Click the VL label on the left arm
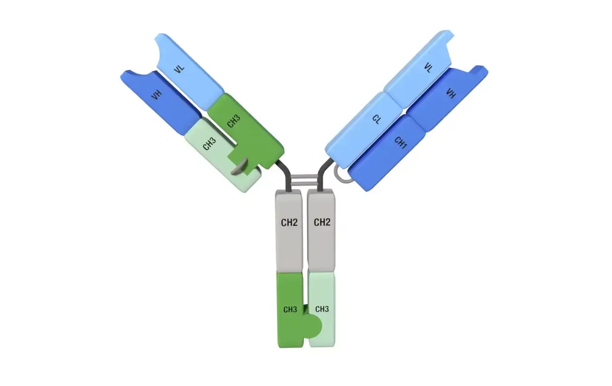[x=179, y=69]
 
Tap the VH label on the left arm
[x=157, y=95]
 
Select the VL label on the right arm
[x=428, y=68]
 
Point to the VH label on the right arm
[x=451, y=93]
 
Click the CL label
[x=376, y=120]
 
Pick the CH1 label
[x=400, y=143]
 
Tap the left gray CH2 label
[x=289, y=223]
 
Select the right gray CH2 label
[x=322, y=222]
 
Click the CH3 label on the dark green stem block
[x=290, y=310]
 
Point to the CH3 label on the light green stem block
[x=322, y=309]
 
